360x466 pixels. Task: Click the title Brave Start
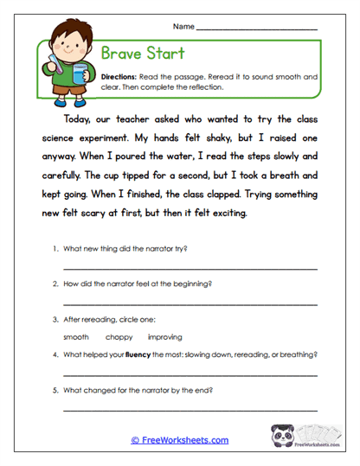click(144, 54)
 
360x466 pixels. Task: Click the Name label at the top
click(183, 27)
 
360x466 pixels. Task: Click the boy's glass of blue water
click(78, 73)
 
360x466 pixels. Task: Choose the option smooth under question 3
click(76, 336)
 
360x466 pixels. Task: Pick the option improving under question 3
click(164, 336)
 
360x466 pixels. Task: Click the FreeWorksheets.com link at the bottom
click(179, 440)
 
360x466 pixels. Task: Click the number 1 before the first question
click(55, 249)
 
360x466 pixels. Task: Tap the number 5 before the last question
click(55, 390)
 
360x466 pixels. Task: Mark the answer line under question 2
click(190, 304)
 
